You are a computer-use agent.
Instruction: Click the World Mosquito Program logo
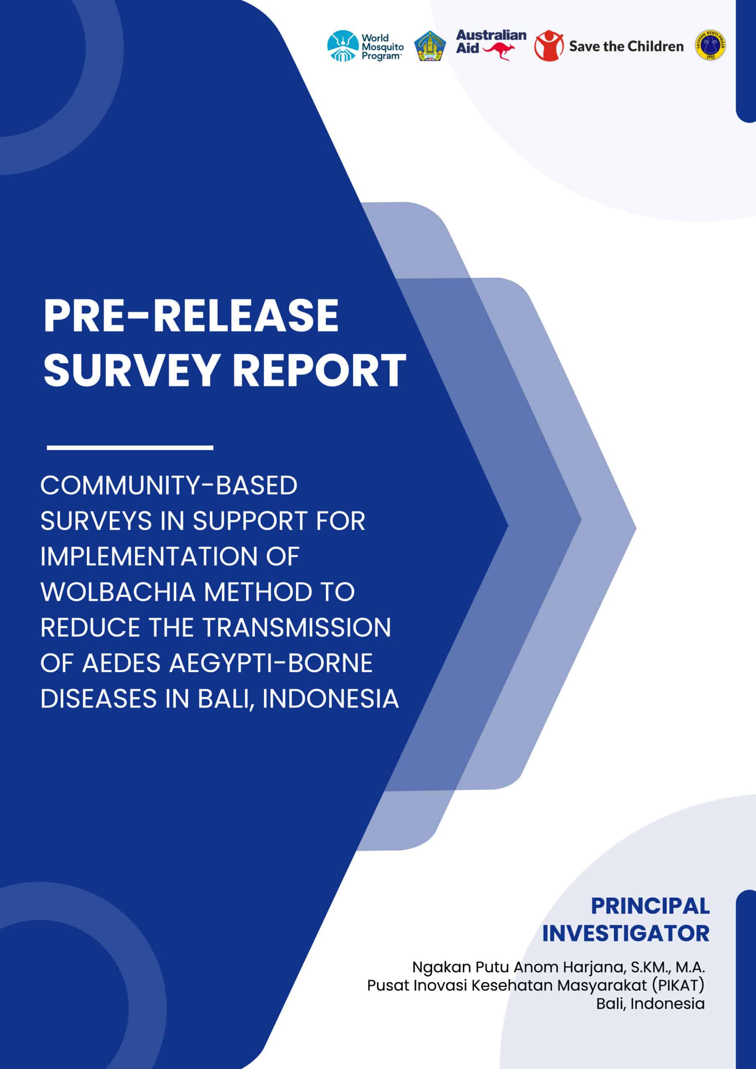point(365,46)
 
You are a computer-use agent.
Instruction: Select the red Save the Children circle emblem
point(549,46)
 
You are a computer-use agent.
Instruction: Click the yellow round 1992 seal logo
point(710,45)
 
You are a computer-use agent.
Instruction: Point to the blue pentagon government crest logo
point(430,46)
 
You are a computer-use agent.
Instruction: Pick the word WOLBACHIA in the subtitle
point(118,592)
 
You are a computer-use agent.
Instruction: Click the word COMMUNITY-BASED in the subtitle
point(169,485)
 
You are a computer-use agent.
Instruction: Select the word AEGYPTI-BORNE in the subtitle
point(271,663)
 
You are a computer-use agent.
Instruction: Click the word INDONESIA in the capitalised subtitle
point(330,698)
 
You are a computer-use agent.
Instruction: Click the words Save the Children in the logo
point(627,46)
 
